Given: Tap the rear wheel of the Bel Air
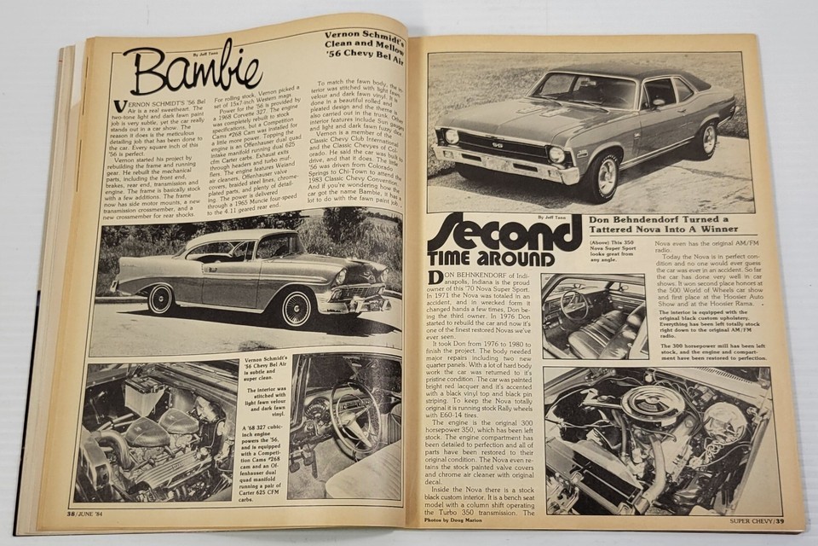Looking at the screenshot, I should click(x=159, y=299).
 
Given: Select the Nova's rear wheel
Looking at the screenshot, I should click(x=706, y=138).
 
